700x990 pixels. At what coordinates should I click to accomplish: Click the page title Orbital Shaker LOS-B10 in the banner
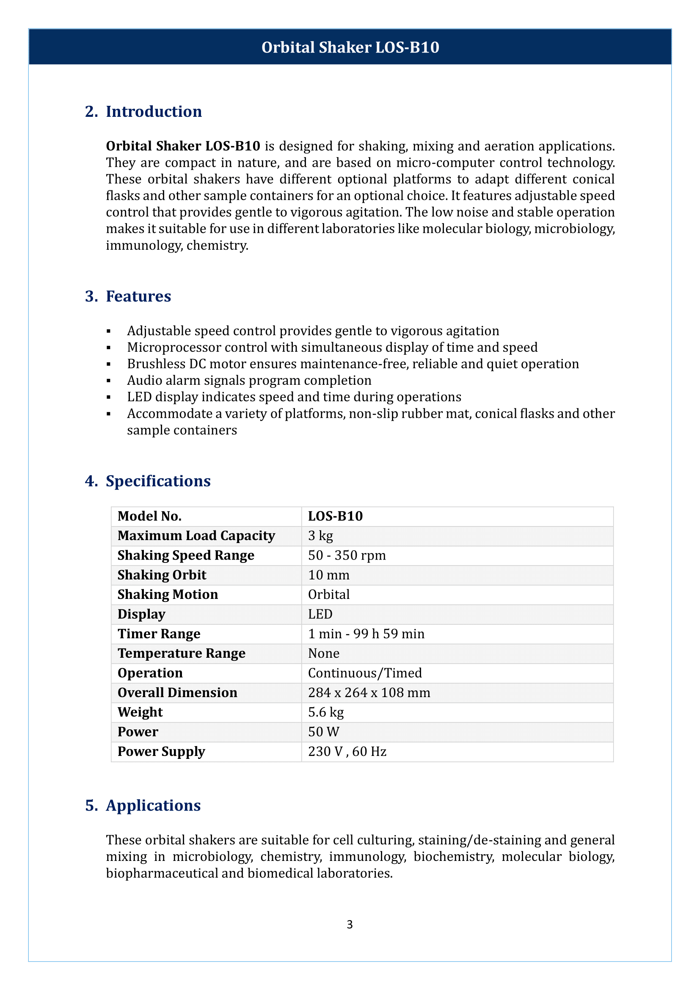[350, 47]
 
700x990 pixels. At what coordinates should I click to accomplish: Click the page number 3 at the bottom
[350, 924]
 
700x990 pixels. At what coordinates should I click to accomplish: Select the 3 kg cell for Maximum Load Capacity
[321, 536]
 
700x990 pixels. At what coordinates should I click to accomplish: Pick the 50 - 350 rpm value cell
[347, 555]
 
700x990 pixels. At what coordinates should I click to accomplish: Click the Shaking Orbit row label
[162, 575]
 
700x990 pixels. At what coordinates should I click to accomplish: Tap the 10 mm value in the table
[329, 575]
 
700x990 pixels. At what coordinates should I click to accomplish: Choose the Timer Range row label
[159, 634]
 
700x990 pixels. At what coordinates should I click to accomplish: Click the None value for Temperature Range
[324, 654]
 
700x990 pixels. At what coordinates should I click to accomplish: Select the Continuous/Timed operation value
[365, 673]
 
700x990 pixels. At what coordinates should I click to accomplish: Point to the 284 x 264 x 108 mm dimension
[369, 693]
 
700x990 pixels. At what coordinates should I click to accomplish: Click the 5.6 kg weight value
[326, 712]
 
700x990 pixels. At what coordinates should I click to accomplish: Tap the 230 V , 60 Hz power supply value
[347, 752]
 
